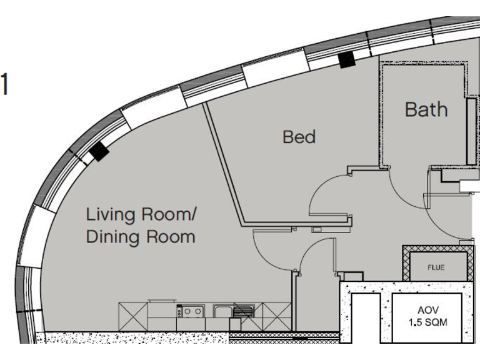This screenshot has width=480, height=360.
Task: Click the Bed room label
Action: click(x=299, y=136)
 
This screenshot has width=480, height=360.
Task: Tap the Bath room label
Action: click(x=426, y=109)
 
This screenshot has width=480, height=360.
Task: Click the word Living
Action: click(x=111, y=215)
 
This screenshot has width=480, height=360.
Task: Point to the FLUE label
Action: click(x=436, y=267)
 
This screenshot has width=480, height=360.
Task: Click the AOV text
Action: click(x=429, y=311)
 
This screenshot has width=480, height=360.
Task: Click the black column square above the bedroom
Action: click(x=345, y=59)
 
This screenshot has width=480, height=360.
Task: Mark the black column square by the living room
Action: click(x=98, y=152)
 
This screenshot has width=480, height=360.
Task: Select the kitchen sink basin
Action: click(x=222, y=311)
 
